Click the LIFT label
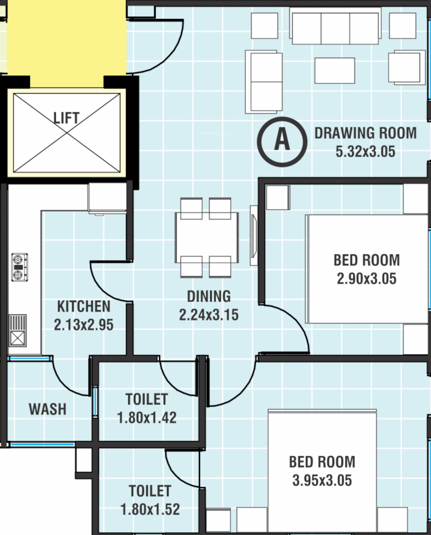(66, 118)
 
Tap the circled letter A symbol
(282, 142)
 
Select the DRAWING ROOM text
(365, 133)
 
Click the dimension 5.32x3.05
(365, 151)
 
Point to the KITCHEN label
(84, 306)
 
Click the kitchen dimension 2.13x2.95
(84, 325)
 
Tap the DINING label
(209, 296)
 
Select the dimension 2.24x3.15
(209, 315)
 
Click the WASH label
(47, 409)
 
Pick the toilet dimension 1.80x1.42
(147, 418)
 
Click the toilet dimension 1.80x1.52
(150, 509)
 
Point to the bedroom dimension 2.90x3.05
(367, 279)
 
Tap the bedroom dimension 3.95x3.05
(322, 480)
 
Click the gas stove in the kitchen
(19, 267)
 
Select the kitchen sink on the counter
(18, 331)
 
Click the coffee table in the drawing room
(335, 70)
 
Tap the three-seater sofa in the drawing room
(335, 26)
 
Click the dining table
(207, 237)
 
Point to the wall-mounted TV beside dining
(254, 235)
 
